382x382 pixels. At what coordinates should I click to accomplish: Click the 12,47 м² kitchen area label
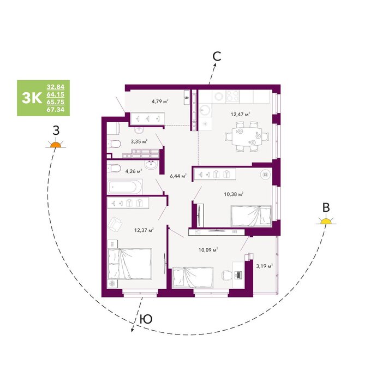tap(241, 114)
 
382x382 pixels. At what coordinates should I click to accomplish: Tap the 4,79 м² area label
tap(160, 101)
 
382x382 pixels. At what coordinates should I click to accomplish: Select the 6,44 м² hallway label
tap(178, 176)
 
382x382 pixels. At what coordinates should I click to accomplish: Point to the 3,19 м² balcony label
tap(264, 266)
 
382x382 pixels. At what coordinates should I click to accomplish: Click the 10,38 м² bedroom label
tap(234, 194)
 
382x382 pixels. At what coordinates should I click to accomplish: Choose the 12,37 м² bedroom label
tap(144, 230)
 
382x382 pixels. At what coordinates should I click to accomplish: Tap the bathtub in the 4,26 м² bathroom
tap(125, 187)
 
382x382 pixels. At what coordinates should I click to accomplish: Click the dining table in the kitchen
tap(247, 136)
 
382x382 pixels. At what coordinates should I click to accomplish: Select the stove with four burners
tap(232, 96)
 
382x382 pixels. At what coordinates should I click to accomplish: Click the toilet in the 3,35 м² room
tap(114, 144)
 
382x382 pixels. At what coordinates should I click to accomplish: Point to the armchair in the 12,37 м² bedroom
tap(115, 225)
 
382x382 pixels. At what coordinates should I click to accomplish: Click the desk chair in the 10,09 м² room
tap(226, 276)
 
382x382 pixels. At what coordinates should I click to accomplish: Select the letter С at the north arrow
tap(217, 56)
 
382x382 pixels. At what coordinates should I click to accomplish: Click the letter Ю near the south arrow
tap(146, 319)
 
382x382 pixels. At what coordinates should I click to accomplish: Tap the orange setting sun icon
tap(56, 144)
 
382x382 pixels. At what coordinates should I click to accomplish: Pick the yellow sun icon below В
tap(326, 220)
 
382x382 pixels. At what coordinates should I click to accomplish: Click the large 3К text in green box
tap(32, 98)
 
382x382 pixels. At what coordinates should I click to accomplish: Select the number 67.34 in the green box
tap(56, 110)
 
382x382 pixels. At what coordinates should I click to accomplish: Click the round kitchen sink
tap(205, 110)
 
